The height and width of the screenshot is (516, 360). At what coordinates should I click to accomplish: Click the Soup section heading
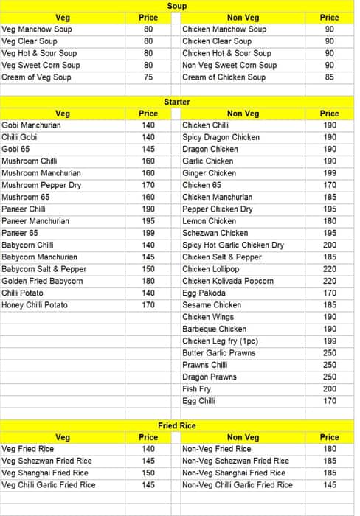coord(177,6)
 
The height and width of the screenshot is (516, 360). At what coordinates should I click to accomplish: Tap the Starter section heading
coord(177,102)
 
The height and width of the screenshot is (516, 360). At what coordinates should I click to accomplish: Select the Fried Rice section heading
coord(177,426)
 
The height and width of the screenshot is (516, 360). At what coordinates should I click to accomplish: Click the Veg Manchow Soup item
coord(37,29)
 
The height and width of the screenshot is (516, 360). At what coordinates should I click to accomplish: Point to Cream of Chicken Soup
coord(224,77)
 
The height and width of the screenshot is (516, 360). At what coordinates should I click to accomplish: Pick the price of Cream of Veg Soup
coord(148,77)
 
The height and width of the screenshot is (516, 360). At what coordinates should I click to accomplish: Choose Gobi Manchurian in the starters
coord(32,125)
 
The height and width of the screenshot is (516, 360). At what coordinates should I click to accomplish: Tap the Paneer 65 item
coord(20,233)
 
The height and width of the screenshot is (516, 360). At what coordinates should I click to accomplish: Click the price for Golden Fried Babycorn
coord(148,281)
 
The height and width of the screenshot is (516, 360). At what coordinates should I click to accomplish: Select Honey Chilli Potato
coord(35,305)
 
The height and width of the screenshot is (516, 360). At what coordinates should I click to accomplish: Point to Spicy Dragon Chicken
coord(221,137)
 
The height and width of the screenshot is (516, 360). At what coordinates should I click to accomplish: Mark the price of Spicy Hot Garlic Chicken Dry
coord(329,245)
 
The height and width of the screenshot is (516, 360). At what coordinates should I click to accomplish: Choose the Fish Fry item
coord(196,389)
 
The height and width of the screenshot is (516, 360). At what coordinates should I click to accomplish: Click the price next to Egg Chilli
coord(329,401)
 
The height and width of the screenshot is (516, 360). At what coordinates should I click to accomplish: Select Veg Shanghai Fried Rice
coord(45,473)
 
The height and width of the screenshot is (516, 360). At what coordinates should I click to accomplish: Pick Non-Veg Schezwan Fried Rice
coord(235,461)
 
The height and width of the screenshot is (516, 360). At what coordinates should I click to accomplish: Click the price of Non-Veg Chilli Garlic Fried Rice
coord(329,485)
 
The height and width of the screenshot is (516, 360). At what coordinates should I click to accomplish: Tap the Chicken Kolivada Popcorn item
coord(228,281)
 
